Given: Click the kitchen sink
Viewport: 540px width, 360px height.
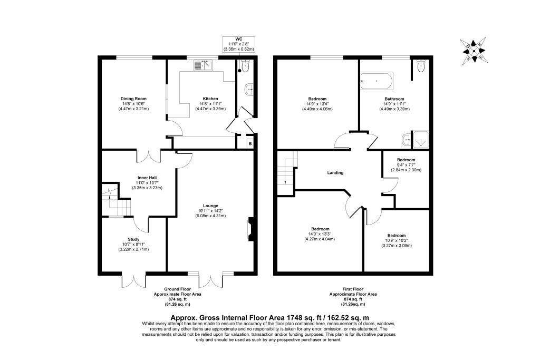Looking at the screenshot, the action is pos(204,65).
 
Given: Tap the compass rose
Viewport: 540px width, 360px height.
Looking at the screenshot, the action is pos(474,51).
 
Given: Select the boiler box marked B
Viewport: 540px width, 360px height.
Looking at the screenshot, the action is pos(250,143).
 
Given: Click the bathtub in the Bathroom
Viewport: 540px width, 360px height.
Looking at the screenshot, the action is pos(377,81).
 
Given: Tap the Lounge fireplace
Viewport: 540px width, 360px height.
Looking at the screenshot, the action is pos(250,229).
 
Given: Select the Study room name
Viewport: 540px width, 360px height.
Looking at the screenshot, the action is pos(133,239).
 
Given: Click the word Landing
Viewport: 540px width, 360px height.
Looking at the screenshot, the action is pos(335,173).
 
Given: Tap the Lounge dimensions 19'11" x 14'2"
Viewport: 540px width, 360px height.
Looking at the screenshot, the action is pos(210,211).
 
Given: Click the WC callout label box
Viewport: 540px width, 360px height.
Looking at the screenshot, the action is pos(239,44).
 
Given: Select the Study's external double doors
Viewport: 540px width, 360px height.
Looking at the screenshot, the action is pos(133,280).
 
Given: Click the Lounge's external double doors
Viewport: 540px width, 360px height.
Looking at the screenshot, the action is pos(210,280).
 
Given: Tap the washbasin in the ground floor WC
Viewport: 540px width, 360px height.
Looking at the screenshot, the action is pos(249,90).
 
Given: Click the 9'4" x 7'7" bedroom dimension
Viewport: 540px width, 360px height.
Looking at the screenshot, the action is pos(406,165).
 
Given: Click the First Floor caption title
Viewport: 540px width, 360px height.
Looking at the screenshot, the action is pos(353,289).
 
